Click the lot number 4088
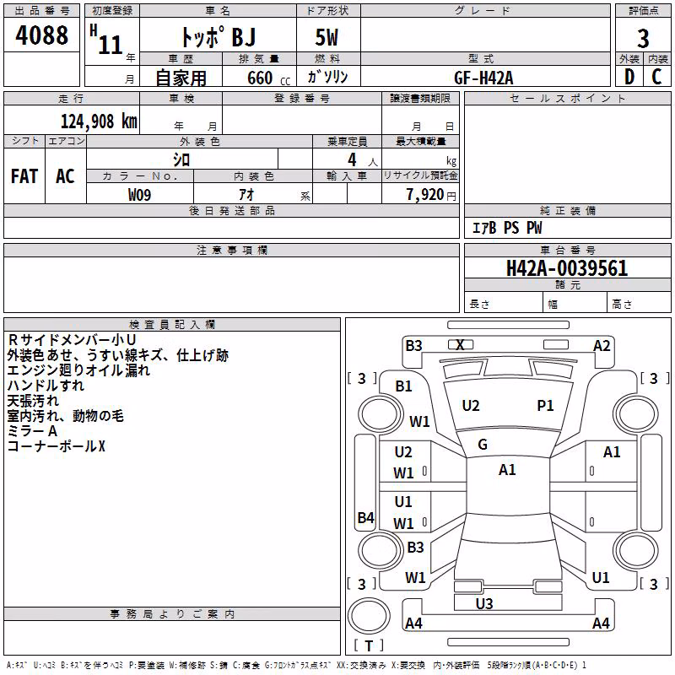pos(41,35)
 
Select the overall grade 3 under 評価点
pos(643,38)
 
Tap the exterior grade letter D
pos(629,77)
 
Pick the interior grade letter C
pos(656,77)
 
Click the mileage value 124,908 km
pos(99,121)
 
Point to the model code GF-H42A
pos(483,78)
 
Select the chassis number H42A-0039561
pos(567,268)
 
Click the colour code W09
pos(139,195)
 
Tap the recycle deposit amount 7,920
pos(425,195)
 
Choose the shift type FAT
pos(24,176)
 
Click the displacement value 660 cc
pos(268,78)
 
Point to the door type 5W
pos(327,37)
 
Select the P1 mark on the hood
pos(545,405)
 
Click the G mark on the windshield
pos(483,445)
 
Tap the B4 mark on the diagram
pos(365,517)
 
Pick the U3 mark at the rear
pos(484,603)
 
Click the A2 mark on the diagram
pos(602,346)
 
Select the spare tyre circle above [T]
pos(369,616)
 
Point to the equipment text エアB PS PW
pos(507,228)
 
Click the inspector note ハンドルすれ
pos(46,385)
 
